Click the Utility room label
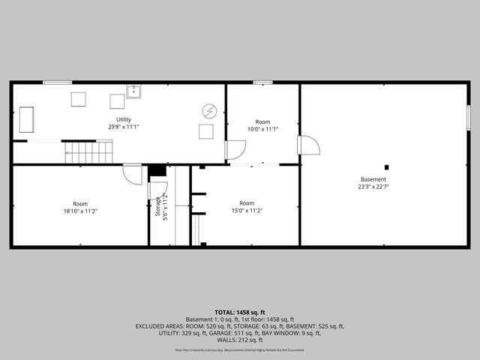124,119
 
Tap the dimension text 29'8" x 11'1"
124,127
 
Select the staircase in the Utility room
88,152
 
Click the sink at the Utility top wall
134,91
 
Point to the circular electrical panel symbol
209,111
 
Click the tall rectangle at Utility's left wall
26,119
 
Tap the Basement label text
373,179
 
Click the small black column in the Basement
387,167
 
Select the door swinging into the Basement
308,145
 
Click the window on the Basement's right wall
469,118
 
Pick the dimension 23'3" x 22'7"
373,187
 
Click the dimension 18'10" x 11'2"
80,211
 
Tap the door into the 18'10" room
133,174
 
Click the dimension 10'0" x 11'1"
262,129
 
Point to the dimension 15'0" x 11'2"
247,211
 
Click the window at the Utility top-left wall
58,82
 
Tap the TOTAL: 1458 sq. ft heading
240,312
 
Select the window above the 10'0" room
262,82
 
